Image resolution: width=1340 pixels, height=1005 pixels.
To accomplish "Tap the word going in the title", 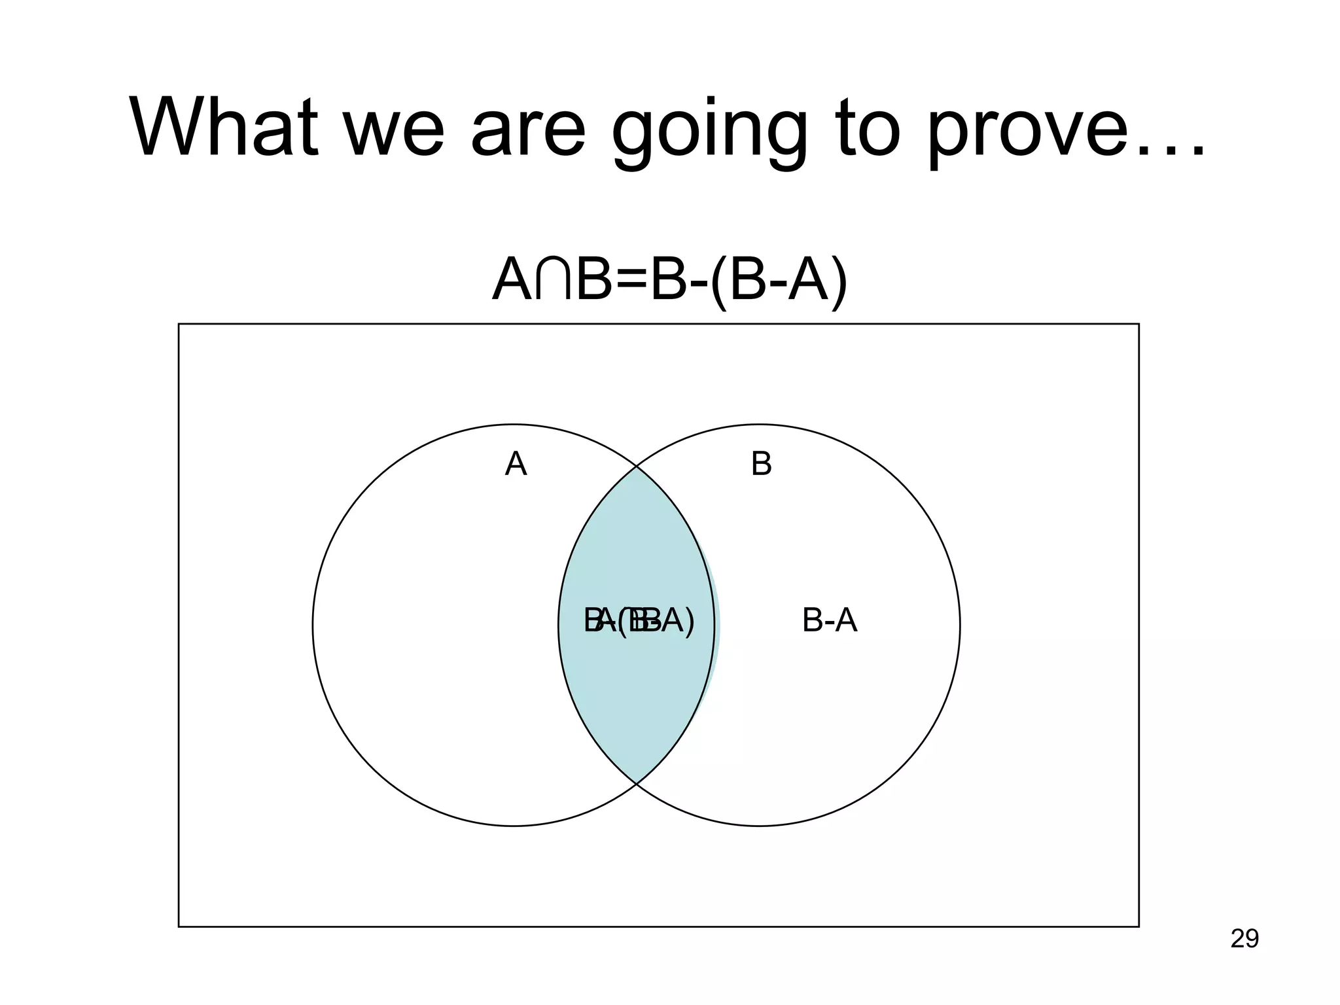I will [x=710, y=131].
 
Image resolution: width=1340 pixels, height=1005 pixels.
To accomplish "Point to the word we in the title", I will [x=393, y=131].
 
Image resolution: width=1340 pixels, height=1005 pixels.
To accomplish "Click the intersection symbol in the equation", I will [x=553, y=281].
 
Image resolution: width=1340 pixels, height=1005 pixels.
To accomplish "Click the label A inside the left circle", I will [x=516, y=465].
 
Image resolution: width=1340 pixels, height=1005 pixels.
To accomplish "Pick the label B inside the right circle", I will [x=761, y=465].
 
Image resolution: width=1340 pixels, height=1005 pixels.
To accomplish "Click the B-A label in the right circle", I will [x=829, y=620].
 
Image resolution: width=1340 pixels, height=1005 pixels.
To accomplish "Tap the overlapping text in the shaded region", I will [x=639, y=620].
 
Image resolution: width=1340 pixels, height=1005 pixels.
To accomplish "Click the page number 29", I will [x=1244, y=939].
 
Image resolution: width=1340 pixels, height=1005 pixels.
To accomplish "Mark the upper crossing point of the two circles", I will [x=637, y=466].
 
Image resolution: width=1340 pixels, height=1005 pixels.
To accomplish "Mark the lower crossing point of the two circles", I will [x=637, y=783].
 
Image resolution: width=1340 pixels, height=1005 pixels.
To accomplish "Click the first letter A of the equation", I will [x=512, y=281].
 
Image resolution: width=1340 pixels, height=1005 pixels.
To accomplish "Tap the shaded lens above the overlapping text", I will [x=637, y=543].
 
